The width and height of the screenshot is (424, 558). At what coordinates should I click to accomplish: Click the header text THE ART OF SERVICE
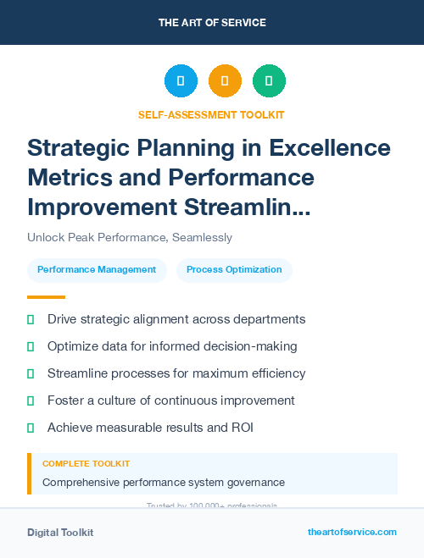pos(211,22)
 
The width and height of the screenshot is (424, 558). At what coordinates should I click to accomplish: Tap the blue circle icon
pos(181,80)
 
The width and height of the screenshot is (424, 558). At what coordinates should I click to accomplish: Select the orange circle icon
pos(225,80)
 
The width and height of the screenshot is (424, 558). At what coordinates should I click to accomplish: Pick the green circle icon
pos(269,80)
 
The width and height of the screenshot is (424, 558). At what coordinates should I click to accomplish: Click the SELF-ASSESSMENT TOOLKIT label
pos(211,114)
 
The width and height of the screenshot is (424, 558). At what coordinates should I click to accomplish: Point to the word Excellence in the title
pos(330,149)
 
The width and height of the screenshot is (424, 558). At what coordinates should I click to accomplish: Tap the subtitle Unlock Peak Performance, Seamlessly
pos(130,238)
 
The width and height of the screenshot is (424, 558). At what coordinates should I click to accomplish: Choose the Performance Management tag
pos(97,270)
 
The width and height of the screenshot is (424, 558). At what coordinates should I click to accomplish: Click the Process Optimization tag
pos(234,270)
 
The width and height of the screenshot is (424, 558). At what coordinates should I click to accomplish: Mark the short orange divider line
pos(46,297)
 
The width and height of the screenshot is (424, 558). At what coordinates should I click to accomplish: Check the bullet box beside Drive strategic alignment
pos(31,320)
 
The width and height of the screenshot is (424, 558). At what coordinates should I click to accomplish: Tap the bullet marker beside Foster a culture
pos(31,401)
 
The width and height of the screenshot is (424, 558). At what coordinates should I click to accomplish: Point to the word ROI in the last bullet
pos(242,428)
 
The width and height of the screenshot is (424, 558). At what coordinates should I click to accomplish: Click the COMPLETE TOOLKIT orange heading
pos(86,464)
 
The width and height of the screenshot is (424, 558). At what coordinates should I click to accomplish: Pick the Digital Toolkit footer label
pos(60,533)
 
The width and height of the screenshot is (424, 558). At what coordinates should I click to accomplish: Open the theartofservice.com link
pos(352,532)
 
